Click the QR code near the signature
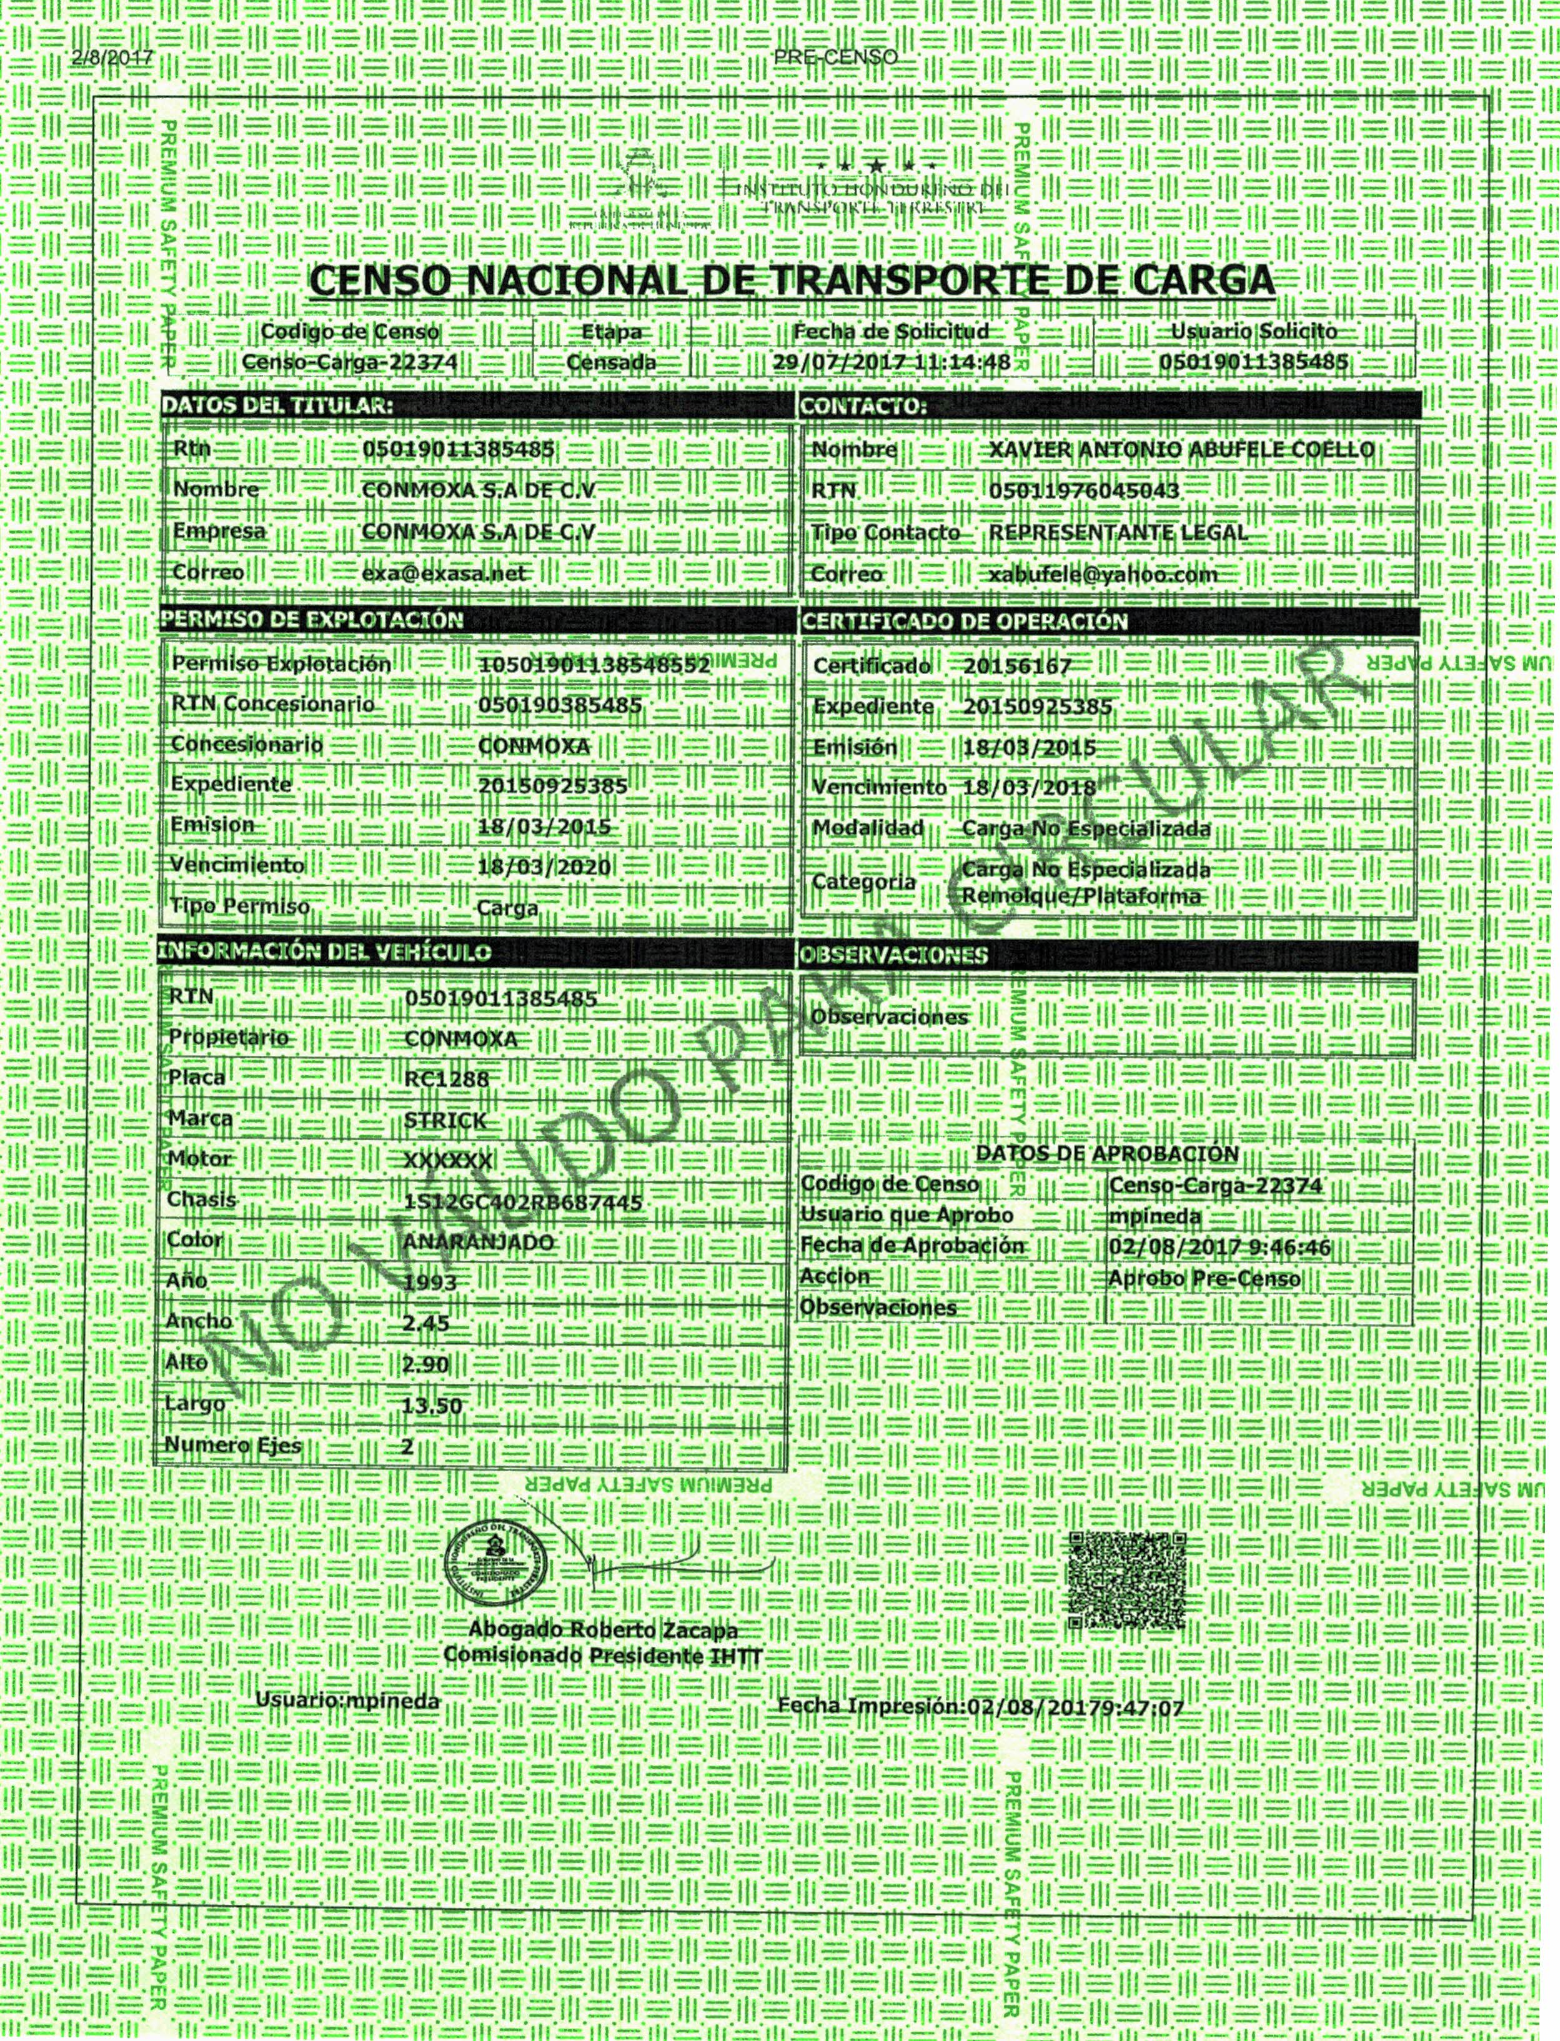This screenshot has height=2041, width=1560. coord(1127,1579)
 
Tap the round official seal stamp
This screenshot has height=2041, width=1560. coord(494,1566)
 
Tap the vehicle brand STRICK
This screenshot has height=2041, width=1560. coord(445,1120)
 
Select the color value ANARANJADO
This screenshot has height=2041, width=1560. coord(478,1243)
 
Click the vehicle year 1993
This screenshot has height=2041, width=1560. coord(431,1283)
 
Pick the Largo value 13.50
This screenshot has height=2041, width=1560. coord(432,1405)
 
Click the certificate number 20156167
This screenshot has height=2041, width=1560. coord(1017,667)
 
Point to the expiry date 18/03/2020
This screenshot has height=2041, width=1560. coord(544,867)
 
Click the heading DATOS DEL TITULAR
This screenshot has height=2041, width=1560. coord(277,405)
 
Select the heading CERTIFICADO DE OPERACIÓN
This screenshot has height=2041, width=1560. coord(964,621)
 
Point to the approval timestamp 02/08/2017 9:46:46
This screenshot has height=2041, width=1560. coord(1220,1246)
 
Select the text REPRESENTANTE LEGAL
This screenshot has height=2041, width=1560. coord(1118,533)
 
